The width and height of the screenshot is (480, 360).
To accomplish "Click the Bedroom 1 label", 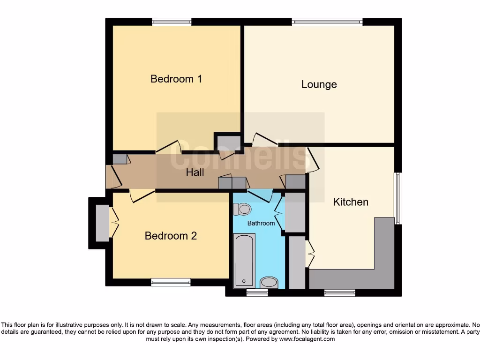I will (176, 79).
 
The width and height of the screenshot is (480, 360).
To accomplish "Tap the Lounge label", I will (319, 84).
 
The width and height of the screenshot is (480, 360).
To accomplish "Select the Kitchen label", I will (351, 202).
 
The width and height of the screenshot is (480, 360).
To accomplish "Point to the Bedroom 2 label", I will (171, 236).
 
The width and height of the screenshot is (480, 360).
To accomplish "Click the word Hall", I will (195, 172).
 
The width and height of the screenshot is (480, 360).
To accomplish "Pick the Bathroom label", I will (261, 224).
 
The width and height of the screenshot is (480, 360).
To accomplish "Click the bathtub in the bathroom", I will (244, 260).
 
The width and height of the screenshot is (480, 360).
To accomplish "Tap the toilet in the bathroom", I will (243, 209).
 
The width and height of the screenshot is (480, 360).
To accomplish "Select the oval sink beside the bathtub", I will (269, 282).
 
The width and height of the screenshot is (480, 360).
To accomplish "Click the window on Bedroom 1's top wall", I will (172, 22).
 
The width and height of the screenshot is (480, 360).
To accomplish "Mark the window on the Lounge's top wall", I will (327, 22).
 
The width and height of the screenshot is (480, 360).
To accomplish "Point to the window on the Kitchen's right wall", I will (398, 198).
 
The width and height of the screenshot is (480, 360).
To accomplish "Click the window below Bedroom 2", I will (171, 282).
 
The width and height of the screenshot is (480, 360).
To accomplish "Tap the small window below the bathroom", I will (257, 292).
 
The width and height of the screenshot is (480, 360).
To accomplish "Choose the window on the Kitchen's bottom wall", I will (339, 292).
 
